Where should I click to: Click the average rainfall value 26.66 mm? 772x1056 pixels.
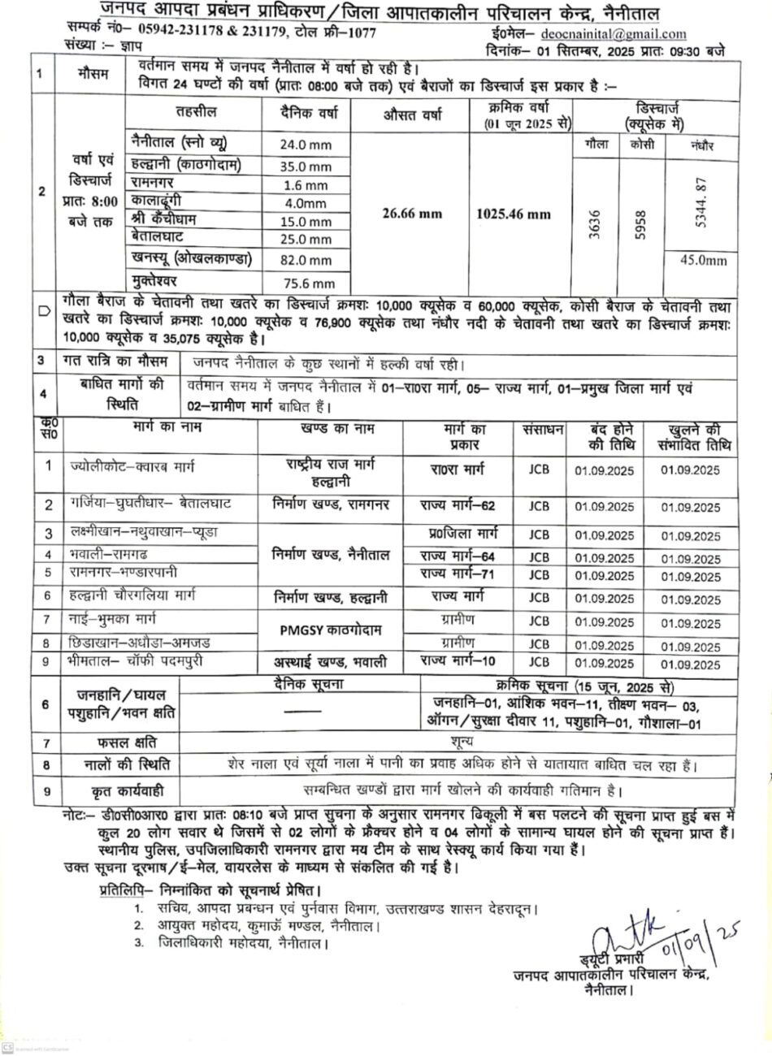click(x=412, y=214)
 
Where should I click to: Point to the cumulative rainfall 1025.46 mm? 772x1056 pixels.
click(x=513, y=214)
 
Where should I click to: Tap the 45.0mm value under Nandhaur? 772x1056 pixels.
click(x=703, y=261)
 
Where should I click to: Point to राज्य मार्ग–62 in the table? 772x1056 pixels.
click(x=458, y=505)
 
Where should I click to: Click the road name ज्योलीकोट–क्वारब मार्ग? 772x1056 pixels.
click(x=132, y=467)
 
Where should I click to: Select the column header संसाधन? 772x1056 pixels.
click(x=538, y=431)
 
